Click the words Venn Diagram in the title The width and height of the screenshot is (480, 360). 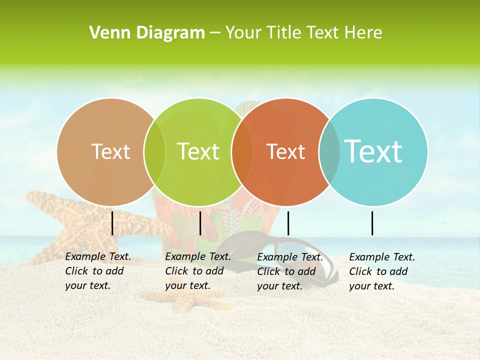tap(147, 33)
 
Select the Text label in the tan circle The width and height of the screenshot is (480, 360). tap(111, 151)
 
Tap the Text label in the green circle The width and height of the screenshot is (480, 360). tap(198, 151)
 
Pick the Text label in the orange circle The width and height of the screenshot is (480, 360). tap(285, 151)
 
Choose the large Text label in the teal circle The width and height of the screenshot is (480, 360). tap(373, 151)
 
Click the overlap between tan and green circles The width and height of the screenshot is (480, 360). tap(154, 152)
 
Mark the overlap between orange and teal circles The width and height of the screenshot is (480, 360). tap(329, 152)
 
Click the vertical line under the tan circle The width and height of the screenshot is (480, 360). tap(112, 223)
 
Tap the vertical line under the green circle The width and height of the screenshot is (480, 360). tap(200, 223)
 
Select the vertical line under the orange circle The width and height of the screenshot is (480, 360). tap(288, 223)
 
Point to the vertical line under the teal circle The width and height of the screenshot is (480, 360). tap(372, 223)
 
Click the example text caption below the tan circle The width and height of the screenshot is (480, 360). tap(98, 271)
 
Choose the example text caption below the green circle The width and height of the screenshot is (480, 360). tap(198, 271)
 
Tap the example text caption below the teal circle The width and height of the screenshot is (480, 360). tap(382, 271)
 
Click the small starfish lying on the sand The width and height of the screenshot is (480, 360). tap(182, 300)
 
